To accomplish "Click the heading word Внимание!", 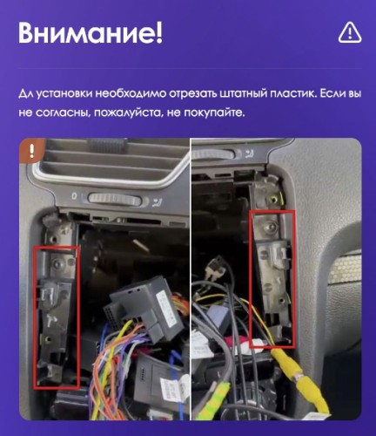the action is (x=91, y=32).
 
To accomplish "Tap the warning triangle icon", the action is (x=350, y=32).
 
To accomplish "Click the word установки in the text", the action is (x=64, y=94).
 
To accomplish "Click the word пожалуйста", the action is (x=128, y=112).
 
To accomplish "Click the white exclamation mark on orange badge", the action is (x=31, y=151).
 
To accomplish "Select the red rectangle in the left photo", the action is (x=57, y=317).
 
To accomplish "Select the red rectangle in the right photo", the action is (x=272, y=279).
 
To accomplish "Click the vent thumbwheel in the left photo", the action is (x=114, y=200).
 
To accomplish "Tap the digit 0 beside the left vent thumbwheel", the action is (x=74, y=196).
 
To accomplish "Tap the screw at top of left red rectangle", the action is (x=56, y=262).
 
